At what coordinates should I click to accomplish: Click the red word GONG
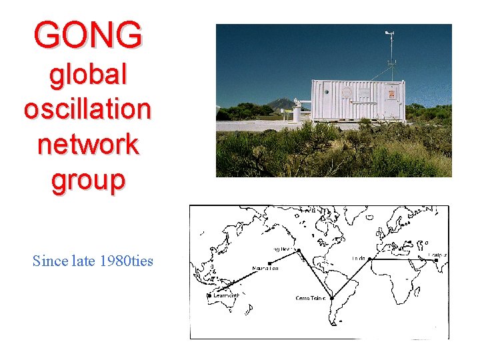pyautogui.click(x=88, y=34)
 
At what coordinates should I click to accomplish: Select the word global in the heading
pyautogui.click(x=88, y=75)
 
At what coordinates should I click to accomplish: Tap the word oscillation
pyautogui.click(x=87, y=109)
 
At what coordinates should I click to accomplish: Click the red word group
pyautogui.click(x=88, y=179)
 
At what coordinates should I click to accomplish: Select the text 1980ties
pyautogui.click(x=127, y=261)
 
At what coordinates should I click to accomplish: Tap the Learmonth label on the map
pyautogui.click(x=224, y=295)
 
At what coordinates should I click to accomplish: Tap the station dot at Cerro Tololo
pyautogui.click(x=332, y=297)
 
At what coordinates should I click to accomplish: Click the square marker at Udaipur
pyautogui.click(x=436, y=260)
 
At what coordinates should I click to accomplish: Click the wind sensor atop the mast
pyautogui.click(x=389, y=33)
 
